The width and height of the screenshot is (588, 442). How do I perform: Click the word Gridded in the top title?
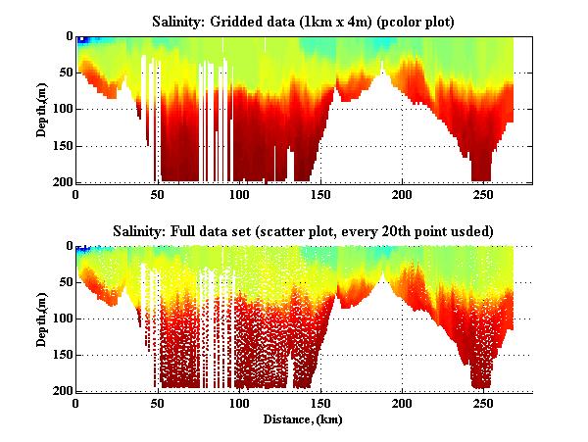pos(245,21)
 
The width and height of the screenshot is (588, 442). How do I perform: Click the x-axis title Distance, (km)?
pos(304,419)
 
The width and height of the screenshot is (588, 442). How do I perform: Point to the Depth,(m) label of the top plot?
pos(43,110)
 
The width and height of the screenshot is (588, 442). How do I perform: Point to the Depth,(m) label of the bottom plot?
pos(43,319)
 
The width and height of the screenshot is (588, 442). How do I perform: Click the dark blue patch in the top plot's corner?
pos(83,40)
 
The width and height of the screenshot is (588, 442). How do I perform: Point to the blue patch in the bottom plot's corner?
pos(83,250)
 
